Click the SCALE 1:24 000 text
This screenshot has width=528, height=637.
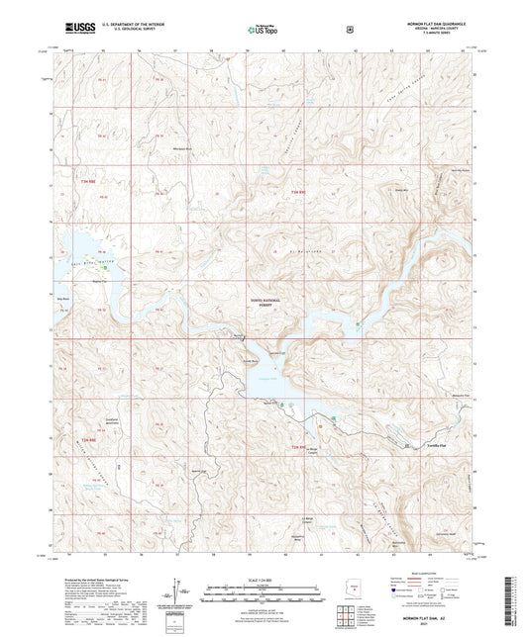pos(263,580)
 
